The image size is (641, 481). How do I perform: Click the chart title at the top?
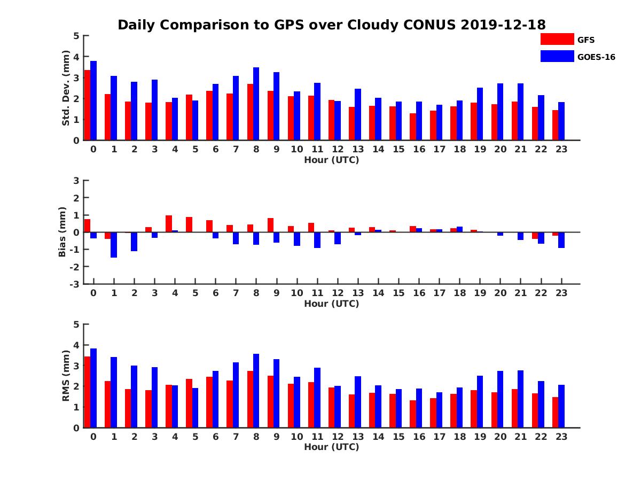click(x=331, y=25)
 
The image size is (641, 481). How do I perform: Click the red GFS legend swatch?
click(x=557, y=39)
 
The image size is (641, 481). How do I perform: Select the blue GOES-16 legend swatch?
click(x=557, y=56)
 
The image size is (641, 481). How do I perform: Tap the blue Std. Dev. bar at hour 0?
click(x=93, y=100)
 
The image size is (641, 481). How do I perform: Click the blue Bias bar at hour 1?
click(x=114, y=245)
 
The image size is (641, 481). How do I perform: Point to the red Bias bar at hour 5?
click(x=189, y=224)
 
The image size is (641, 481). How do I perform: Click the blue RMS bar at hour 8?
click(x=256, y=391)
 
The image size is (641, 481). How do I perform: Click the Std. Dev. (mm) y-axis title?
click(x=66, y=88)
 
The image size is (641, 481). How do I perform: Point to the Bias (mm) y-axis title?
click(x=62, y=232)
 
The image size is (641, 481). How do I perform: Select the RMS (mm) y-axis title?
click(x=66, y=376)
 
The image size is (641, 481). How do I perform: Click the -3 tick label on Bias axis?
click(x=75, y=284)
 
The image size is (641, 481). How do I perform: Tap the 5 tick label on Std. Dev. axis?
click(x=76, y=36)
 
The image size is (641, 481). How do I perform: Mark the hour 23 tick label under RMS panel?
click(x=561, y=436)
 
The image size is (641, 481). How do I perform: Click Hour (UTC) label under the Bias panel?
click(x=331, y=304)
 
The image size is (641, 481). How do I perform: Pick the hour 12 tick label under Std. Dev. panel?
click(x=338, y=149)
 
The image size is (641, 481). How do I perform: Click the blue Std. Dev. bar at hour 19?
click(x=480, y=114)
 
